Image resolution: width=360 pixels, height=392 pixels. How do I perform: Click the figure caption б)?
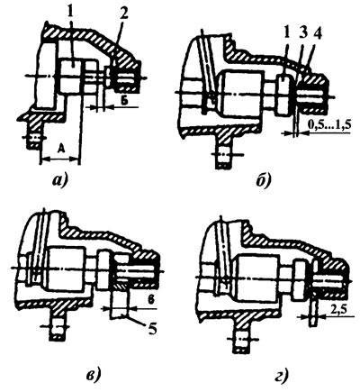pyautogui.click(x=264, y=181)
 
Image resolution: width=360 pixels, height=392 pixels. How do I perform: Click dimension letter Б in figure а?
pyautogui.click(x=124, y=100)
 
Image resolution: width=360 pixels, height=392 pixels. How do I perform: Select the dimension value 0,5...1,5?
pyautogui.click(x=329, y=125)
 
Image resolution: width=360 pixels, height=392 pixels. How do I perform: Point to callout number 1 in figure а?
pyautogui.click(x=71, y=12)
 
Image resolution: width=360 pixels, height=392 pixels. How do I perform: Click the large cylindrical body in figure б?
pyautogui.click(x=241, y=94)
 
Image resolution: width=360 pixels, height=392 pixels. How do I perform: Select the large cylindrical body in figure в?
pyautogui.click(x=66, y=269)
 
